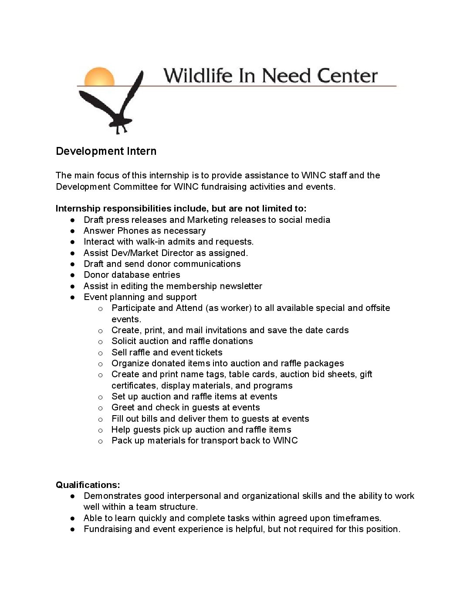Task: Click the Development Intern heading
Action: tap(106, 151)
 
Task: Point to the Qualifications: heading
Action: tap(88, 485)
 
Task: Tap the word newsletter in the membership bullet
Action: tap(241, 286)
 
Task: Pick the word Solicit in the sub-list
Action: tap(125, 341)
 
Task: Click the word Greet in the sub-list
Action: tap(122, 407)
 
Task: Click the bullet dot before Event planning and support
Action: tap(73, 297)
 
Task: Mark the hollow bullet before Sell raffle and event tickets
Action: tap(100, 353)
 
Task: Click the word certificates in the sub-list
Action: tap(135, 385)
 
